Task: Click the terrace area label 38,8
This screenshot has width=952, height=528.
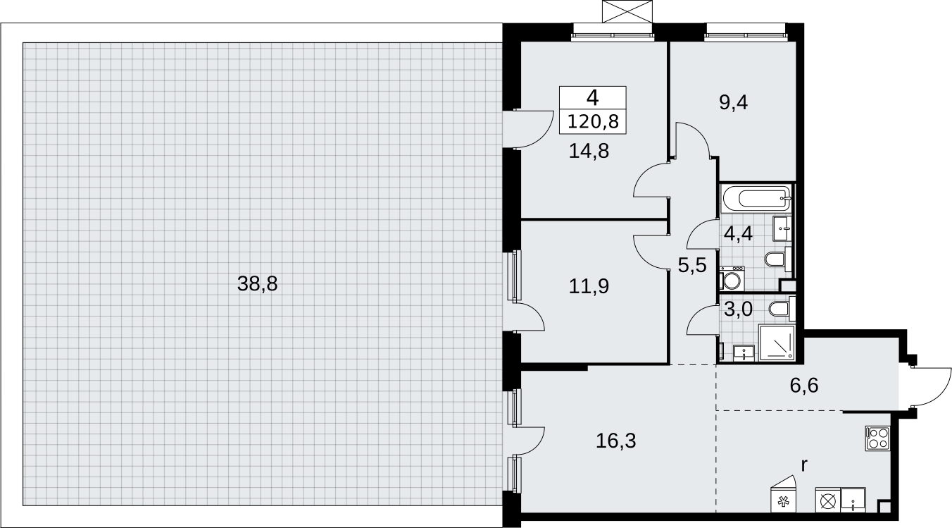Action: pos(257,284)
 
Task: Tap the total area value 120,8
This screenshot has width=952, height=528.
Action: pos(592,122)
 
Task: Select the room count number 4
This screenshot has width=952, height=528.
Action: pos(592,98)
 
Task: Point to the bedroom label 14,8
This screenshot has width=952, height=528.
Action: pos(589,151)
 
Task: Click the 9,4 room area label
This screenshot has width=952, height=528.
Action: pos(733,102)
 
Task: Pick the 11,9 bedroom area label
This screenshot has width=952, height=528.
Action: pos(589,286)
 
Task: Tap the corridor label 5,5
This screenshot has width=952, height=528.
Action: pos(692,266)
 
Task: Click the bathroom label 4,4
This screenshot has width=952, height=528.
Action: pos(738,233)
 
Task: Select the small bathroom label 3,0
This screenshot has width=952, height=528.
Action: pos(738,309)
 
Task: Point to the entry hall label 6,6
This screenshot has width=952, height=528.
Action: pos(803,386)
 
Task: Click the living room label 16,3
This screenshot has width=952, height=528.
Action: pos(616,441)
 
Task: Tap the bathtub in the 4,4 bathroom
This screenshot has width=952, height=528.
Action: pos(756,198)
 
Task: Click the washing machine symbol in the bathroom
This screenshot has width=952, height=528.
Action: pos(732,278)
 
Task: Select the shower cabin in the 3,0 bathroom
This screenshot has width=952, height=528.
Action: pos(777,343)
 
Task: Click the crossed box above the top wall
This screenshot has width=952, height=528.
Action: pos(627,11)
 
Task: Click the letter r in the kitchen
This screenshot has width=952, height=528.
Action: pos(803,466)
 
